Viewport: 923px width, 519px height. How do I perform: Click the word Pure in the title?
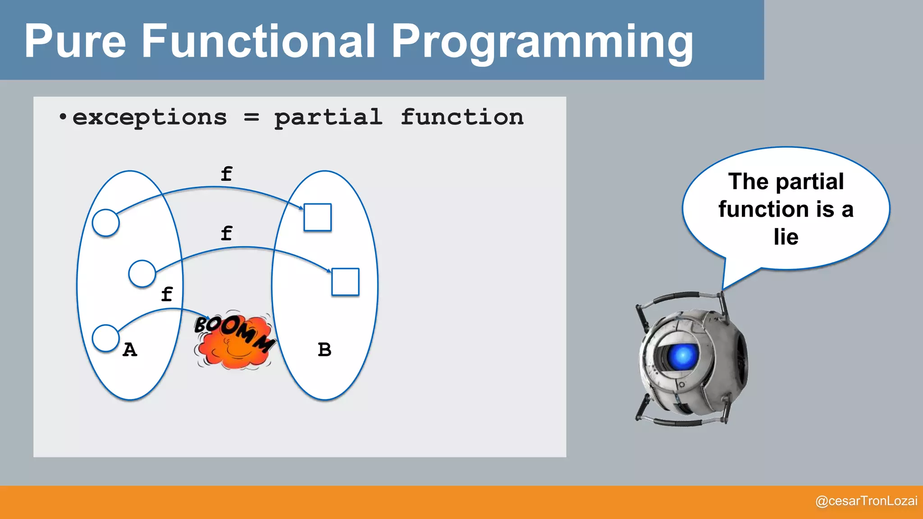(x=75, y=41)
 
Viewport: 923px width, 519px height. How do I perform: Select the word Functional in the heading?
(x=258, y=41)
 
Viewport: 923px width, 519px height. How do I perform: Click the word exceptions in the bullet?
(x=149, y=118)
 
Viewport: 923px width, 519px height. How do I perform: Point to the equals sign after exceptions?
(x=251, y=118)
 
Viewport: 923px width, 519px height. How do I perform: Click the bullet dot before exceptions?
(x=63, y=118)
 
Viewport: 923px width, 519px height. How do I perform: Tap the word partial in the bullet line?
(x=329, y=118)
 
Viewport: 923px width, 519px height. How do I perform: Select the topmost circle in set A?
(x=105, y=223)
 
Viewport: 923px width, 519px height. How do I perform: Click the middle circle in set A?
(x=142, y=273)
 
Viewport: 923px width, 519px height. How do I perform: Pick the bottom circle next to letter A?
(x=105, y=338)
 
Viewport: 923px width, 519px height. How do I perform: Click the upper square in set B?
(x=317, y=217)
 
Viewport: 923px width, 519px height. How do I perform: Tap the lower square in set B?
(x=345, y=282)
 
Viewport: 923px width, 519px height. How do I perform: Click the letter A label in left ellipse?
(x=130, y=350)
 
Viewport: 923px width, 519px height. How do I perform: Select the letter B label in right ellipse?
(x=324, y=350)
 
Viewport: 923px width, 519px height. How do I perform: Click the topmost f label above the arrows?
(x=226, y=174)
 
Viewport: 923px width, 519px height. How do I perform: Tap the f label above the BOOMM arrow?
(x=167, y=294)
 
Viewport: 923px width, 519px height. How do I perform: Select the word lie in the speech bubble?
(x=786, y=237)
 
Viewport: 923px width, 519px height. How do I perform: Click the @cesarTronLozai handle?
(x=866, y=501)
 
